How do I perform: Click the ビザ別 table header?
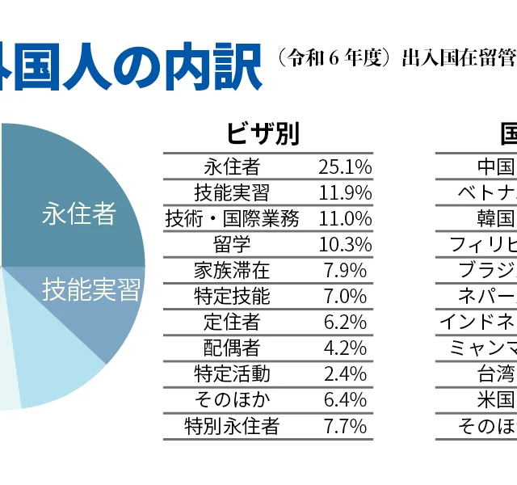(263, 133)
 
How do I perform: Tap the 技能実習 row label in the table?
(232, 192)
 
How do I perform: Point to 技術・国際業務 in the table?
(232, 218)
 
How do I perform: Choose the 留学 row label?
(232, 244)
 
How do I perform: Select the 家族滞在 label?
(232, 270)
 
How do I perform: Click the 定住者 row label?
(232, 322)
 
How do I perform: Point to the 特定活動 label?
(232, 373)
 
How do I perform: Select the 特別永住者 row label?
(232, 425)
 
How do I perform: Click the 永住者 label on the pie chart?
(79, 214)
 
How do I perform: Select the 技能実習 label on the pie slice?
(91, 289)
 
